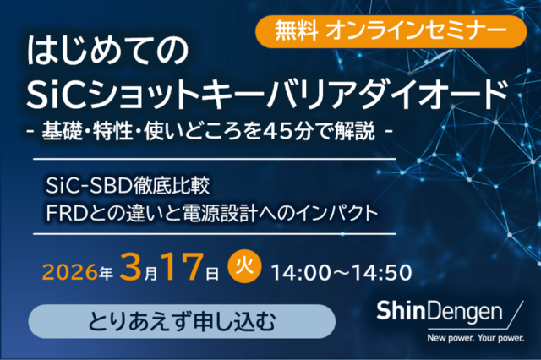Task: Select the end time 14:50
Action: (382, 273)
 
